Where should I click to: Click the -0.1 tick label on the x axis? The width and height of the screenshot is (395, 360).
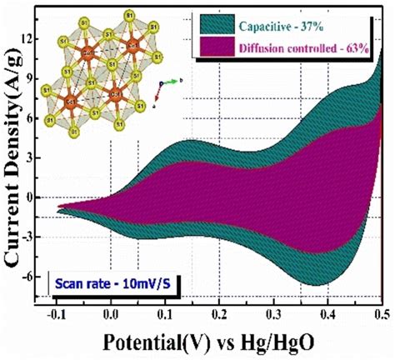pos(57,315)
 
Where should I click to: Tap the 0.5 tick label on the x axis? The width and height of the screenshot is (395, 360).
pos(379,315)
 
